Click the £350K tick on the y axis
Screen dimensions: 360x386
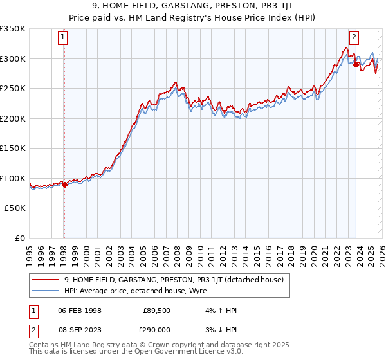(x=13, y=29)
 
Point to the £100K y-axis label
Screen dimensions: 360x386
(x=13, y=178)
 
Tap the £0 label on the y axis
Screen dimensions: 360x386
(x=19, y=238)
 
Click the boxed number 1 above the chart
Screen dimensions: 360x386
(x=63, y=37)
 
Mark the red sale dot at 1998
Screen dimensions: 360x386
(x=64, y=185)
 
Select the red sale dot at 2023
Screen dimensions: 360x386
(x=356, y=64)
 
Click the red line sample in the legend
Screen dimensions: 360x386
(x=46, y=280)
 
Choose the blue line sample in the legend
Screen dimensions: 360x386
(x=46, y=290)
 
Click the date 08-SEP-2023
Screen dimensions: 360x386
(x=78, y=328)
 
